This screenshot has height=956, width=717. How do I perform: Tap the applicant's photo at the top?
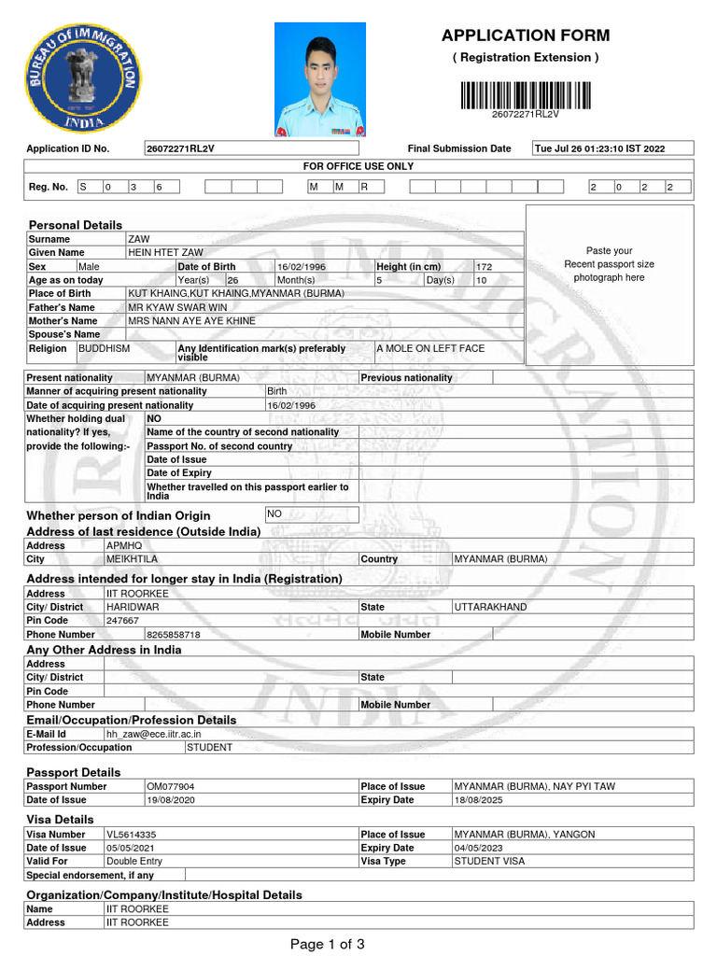(320, 80)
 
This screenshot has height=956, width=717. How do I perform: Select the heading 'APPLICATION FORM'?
(525, 36)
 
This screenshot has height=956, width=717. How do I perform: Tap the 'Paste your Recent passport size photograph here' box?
(609, 264)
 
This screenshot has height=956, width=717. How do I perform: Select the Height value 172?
(485, 267)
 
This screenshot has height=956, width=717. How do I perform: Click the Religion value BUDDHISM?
(105, 348)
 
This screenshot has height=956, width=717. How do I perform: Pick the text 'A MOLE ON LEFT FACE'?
(430, 348)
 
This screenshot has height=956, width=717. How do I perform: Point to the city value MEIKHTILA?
(133, 559)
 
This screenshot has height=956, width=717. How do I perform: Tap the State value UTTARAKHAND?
(490, 607)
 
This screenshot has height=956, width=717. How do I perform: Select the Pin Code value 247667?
(123, 621)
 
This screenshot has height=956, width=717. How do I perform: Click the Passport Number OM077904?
(171, 786)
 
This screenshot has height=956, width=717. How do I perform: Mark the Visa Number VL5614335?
(132, 835)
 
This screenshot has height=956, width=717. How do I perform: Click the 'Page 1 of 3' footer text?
(327, 944)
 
